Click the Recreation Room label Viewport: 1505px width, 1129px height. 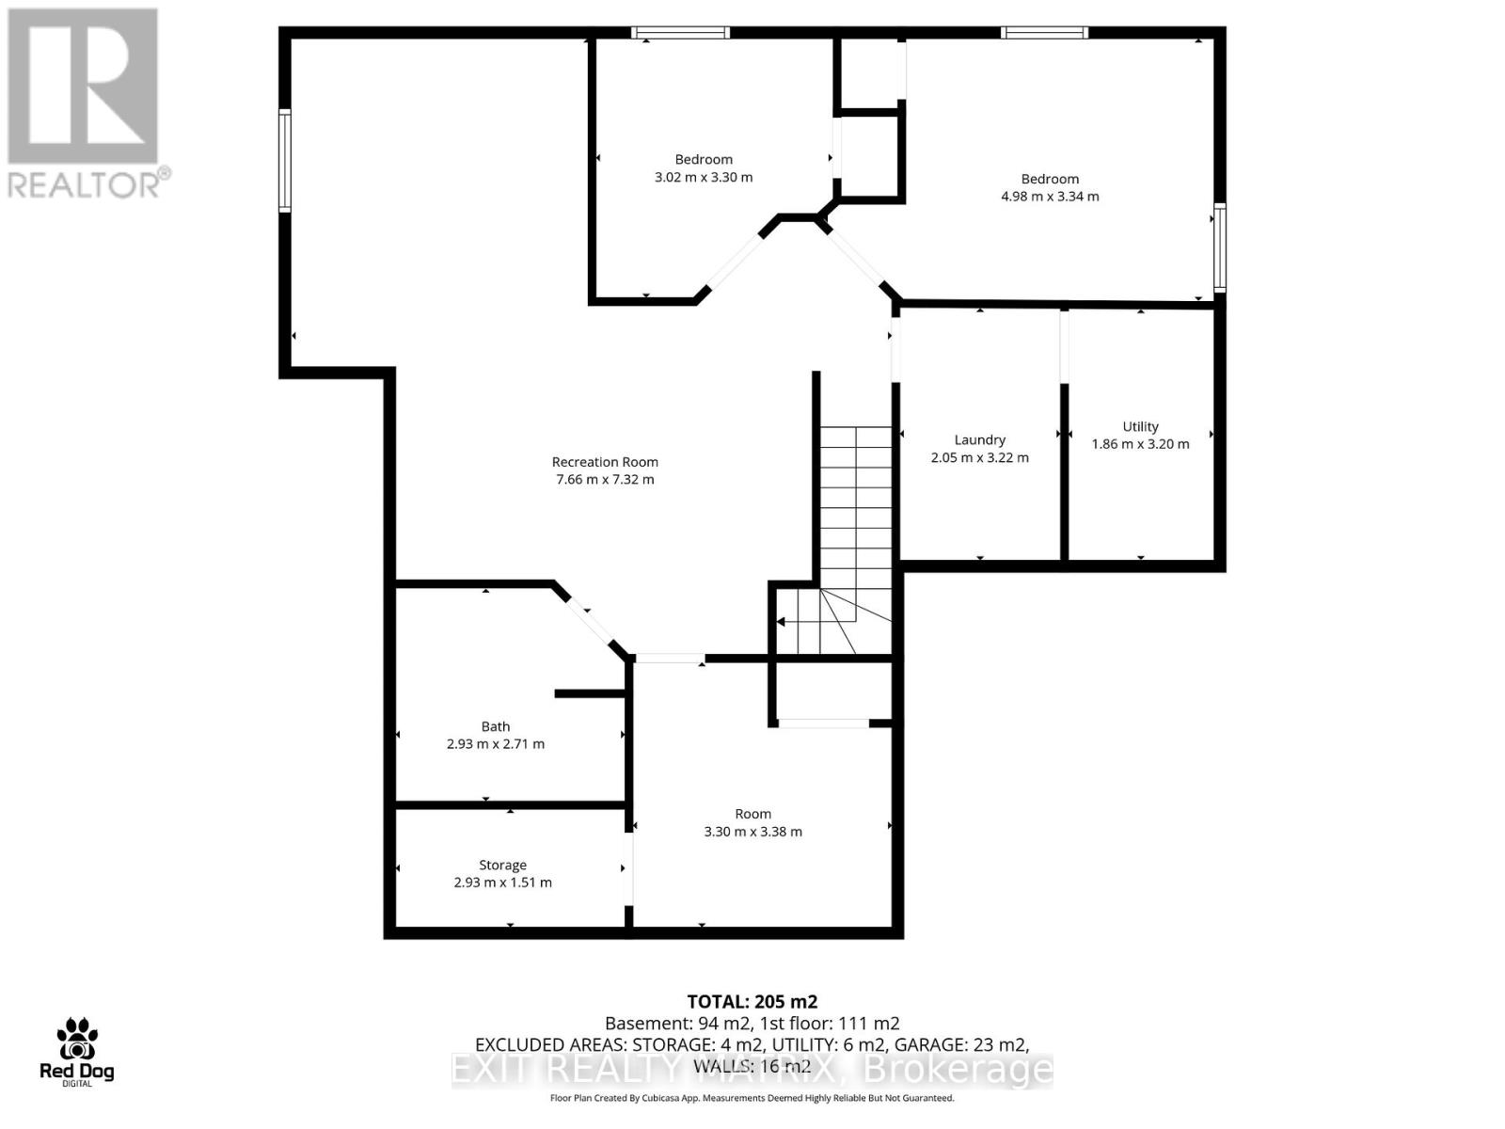605,462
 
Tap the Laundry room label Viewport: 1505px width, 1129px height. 979,439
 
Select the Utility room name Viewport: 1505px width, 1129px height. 1140,426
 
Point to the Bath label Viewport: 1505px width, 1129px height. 496,726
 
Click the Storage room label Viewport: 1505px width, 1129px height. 502,865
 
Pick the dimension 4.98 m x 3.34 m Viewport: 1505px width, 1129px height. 1050,197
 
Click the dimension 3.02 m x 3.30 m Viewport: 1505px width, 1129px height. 704,177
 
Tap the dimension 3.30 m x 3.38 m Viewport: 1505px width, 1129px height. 752,832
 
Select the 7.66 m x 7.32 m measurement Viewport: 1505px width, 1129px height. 605,480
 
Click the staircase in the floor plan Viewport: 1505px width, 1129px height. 854,527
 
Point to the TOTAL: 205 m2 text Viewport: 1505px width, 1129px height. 752,1002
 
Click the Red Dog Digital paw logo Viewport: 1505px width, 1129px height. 77,1041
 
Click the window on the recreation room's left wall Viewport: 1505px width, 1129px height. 284,160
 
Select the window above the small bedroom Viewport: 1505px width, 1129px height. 680,33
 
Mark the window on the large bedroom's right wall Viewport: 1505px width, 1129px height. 1219,247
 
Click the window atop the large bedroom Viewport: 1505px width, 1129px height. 1044,33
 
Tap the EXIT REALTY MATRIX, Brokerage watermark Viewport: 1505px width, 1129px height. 752,1070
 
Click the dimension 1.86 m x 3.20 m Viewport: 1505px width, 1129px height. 1140,444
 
